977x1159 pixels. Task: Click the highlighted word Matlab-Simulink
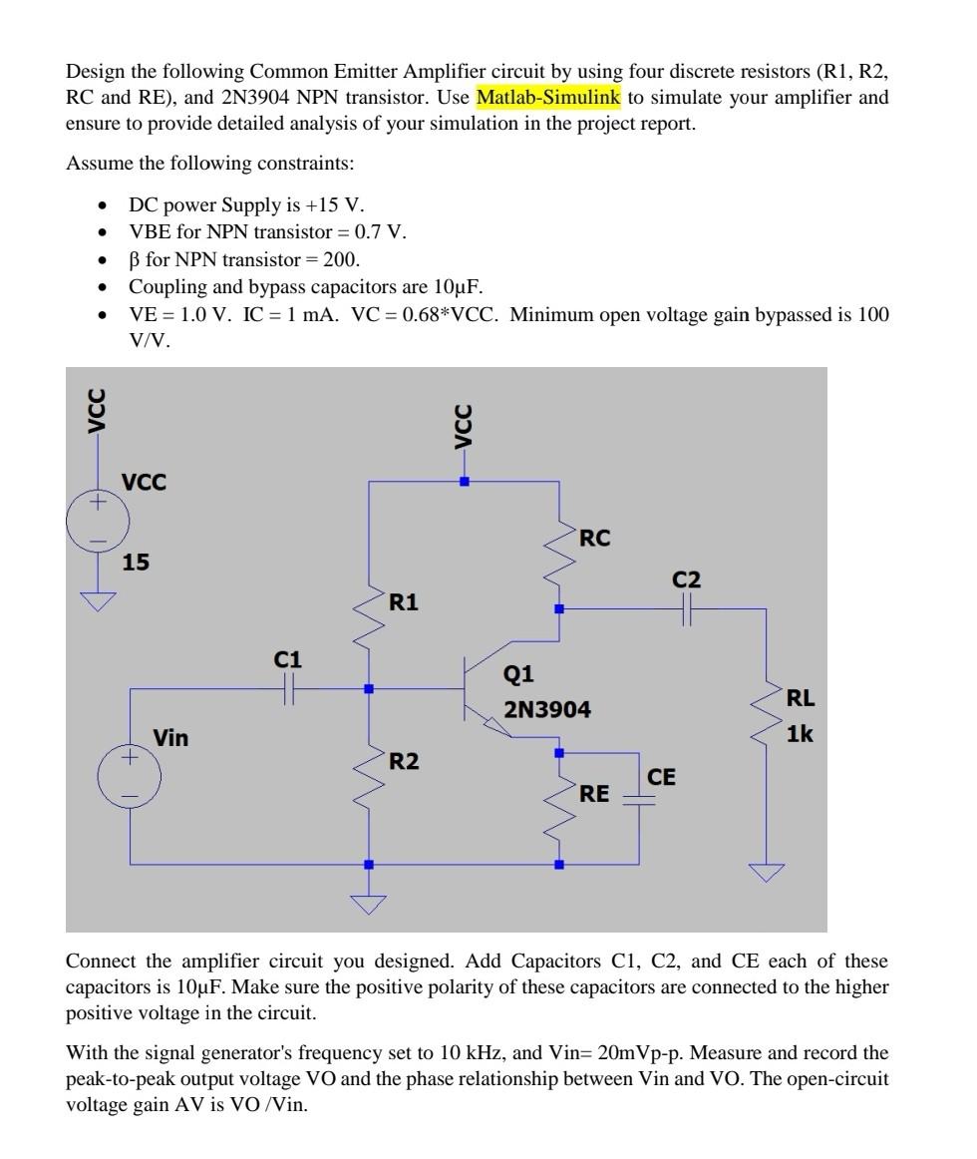coord(548,98)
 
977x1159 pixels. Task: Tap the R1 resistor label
coord(404,602)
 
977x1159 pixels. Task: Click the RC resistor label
coord(594,539)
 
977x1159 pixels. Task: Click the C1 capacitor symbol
coord(288,688)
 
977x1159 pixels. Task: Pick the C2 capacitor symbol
coord(686,608)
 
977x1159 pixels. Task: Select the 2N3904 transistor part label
coord(546,710)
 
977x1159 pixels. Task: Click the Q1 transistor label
coord(518,675)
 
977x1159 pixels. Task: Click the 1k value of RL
coord(800,734)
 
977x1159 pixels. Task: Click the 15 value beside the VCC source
coord(136,563)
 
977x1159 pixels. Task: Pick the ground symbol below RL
coord(767,873)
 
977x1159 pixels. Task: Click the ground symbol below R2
coord(369,904)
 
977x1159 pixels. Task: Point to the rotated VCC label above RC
coord(463,427)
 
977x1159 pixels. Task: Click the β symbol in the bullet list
coord(135,260)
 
